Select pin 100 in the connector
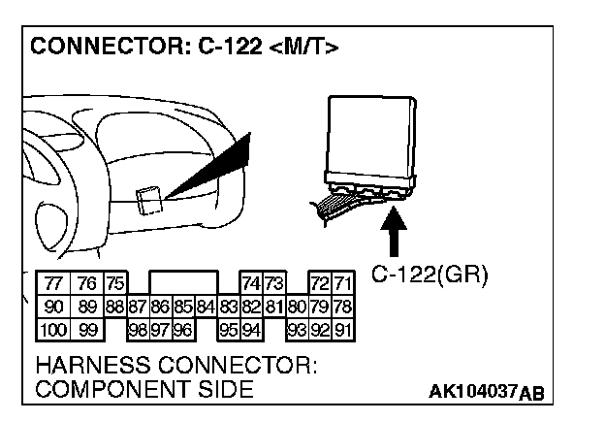click(x=54, y=330)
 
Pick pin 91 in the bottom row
click(x=343, y=330)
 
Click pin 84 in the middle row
click(x=205, y=308)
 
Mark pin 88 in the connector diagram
click(x=114, y=308)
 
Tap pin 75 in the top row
click(x=115, y=284)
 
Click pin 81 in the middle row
click(x=273, y=308)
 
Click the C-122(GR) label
click(x=430, y=275)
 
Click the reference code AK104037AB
click(x=486, y=392)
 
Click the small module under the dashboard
click(x=148, y=199)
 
